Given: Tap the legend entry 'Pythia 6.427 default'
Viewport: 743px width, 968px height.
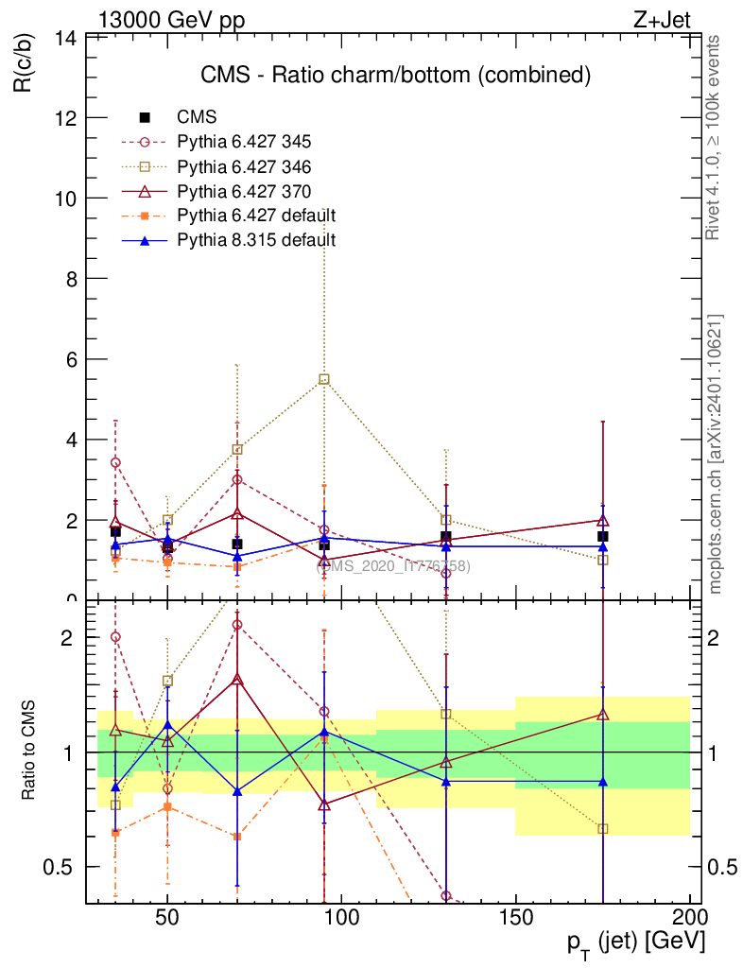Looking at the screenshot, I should (x=256, y=216).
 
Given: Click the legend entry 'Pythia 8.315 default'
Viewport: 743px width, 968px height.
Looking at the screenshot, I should (x=256, y=240).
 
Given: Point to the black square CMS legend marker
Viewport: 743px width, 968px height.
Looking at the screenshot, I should (x=145, y=117).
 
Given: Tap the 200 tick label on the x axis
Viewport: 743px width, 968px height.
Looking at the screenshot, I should (x=689, y=918).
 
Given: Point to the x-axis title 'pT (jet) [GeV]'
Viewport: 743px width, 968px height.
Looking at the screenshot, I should (x=635, y=942).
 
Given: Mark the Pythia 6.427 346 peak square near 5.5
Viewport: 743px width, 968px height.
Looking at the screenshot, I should (x=324, y=379).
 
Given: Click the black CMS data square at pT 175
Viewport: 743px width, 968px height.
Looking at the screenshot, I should (x=602, y=536).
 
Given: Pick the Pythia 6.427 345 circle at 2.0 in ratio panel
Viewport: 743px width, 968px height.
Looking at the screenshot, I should (x=115, y=637).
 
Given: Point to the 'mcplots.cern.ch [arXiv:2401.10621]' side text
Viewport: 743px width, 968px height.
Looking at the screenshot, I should (x=716, y=454).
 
